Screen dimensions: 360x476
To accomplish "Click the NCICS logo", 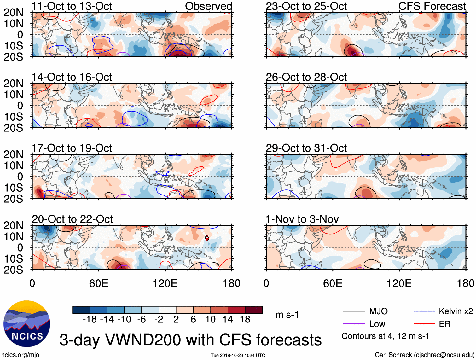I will tap(27, 324).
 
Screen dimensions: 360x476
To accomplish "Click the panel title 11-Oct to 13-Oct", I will tap(72, 6).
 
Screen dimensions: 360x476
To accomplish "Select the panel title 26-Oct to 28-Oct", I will tap(306, 77).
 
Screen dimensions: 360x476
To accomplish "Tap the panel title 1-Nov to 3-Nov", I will tap(302, 219).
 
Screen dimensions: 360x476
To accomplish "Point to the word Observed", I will tap(208, 6).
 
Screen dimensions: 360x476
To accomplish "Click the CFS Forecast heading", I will tap(432, 6).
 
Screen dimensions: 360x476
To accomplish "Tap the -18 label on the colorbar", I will tap(90, 320).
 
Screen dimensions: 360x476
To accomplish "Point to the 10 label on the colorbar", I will tap(210, 320).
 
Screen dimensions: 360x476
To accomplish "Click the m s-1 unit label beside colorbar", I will tap(287, 315).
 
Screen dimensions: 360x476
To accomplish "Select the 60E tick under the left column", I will tap(99, 283).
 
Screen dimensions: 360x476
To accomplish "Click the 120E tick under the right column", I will tap(399, 283).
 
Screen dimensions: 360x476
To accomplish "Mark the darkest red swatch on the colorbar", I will tap(254, 310).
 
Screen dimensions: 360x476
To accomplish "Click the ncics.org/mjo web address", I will tap(20, 355).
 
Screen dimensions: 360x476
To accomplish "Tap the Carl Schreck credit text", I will tap(424, 355).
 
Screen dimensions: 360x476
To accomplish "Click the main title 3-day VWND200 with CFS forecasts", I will tap(190, 340).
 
